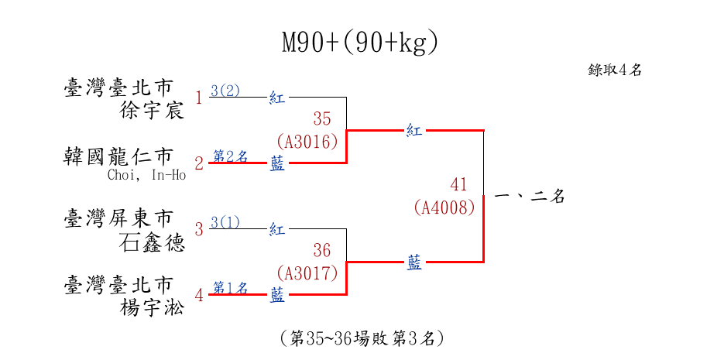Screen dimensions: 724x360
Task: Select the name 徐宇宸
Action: [x=152, y=111]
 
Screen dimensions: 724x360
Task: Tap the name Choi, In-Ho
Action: [x=147, y=176]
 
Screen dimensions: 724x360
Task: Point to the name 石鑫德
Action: [x=152, y=242]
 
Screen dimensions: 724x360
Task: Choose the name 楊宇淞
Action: [x=152, y=308]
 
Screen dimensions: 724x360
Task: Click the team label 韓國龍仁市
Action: [x=117, y=157]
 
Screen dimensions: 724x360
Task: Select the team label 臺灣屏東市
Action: [x=118, y=218]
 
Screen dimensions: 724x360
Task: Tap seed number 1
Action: [x=199, y=98]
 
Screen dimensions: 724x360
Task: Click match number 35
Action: [x=322, y=118]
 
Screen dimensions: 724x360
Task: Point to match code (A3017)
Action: [x=307, y=274]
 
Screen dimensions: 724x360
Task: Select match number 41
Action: [x=459, y=184]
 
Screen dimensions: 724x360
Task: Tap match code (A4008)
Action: [x=444, y=207]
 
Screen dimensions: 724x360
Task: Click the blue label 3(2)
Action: [x=225, y=91]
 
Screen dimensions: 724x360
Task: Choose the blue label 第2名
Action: [x=230, y=156]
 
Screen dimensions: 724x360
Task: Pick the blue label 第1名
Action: [x=230, y=288]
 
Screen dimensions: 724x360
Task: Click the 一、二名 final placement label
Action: [x=530, y=197]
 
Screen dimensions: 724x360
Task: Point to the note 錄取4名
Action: [x=615, y=70]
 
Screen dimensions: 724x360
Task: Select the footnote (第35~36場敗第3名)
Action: [x=362, y=339]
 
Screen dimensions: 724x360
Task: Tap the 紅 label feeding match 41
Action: [x=414, y=131]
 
